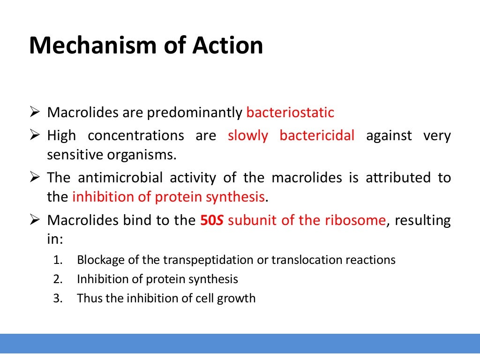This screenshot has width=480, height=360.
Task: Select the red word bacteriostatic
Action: [290, 112]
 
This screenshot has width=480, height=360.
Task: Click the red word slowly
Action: [248, 135]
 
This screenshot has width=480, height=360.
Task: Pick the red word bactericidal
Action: [317, 135]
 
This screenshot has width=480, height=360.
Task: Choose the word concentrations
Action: [136, 135]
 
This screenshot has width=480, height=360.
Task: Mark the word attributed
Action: [392, 178]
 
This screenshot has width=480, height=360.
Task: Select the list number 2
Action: [58, 279]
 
